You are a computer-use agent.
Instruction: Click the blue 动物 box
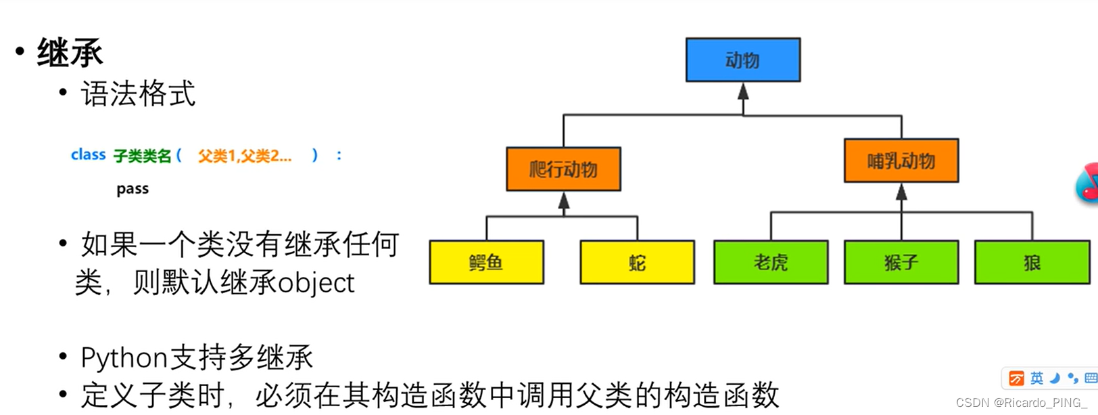pyautogui.click(x=742, y=60)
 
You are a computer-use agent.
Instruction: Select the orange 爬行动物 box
pyautogui.click(x=563, y=169)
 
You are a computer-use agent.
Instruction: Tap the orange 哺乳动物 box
pyautogui.click(x=901, y=161)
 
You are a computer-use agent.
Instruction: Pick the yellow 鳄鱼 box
pyautogui.click(x=486, y=263)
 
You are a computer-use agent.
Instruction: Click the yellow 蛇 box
pyautogui.click(x=637, y=263)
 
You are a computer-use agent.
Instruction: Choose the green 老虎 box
pyautogui.click(x=770, y=263)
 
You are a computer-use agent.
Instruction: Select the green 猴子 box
pyautogui.click(x=901, y=263)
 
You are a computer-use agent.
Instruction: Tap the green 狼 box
pyautogui.click(x=1031, y=263)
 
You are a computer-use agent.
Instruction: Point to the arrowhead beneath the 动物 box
pyautogui.click(x=743, y=91)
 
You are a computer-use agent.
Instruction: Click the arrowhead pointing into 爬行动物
pyautogui.click(x=564, y=200)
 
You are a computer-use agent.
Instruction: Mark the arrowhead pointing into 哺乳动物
pyautogui.click(x=901, y=192)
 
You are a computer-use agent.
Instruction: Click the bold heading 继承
pyautogui.click(x=70, y=53)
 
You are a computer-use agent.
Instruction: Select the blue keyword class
pyautogui.click(x=88, y=155)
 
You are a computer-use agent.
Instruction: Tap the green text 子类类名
pyautogui.click(x=142, y=156)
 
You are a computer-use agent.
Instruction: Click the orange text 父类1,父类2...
pyautogui.click(x=244, y=156)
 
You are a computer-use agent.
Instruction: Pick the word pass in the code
pyautogui.click(x=133, y=189)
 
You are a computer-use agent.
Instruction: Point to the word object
pyautogui.click(x=316, y=283)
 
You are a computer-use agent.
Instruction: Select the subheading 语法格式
pyautogui.click(x=138, y=94)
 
